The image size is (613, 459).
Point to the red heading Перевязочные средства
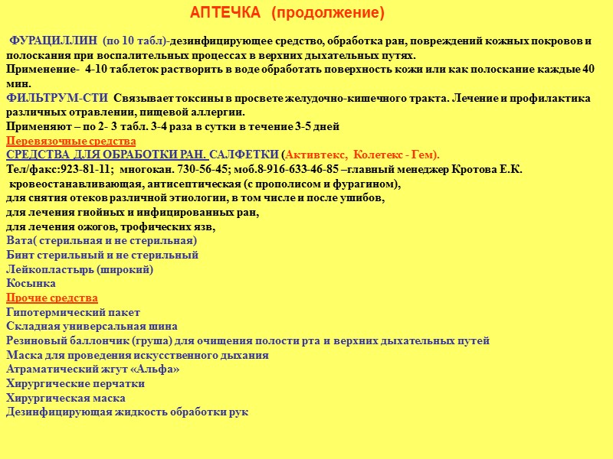point(70,141)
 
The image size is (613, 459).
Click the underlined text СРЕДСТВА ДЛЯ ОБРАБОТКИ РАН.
point(107,155)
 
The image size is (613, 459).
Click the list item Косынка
point(31,283)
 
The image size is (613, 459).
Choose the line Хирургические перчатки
point(75,383)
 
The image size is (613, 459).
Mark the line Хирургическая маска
point(66,398)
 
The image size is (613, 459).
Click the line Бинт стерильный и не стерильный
point(102,255)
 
